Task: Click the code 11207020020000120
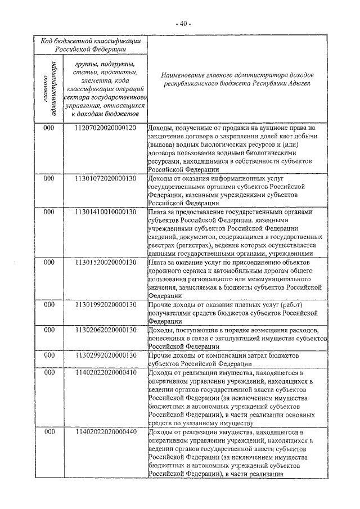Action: pos(105,128)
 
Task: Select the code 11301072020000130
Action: pos(105,179)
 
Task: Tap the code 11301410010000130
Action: pos(105,212)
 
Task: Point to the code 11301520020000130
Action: pos(105,263)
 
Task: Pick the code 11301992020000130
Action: pos(105,305)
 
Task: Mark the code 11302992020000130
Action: pos(105,355)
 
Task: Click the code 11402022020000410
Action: pos(105,372)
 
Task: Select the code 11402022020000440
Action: pos(105,431)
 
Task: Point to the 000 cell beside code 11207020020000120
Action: pos(49,128)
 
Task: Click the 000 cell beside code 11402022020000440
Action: pos(49,431)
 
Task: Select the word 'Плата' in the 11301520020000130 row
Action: pos(158,263)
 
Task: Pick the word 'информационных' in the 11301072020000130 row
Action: pos(236,179)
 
